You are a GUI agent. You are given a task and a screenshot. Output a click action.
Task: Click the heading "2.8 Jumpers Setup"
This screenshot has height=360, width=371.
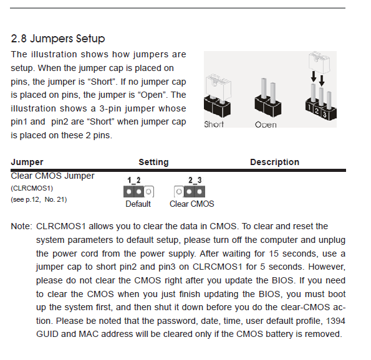click(x=58, y=39)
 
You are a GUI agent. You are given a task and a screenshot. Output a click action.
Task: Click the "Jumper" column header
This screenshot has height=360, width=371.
click(x=27, y=162)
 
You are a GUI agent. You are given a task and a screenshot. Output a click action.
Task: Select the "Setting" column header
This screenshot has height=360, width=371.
click(x=153, y=162)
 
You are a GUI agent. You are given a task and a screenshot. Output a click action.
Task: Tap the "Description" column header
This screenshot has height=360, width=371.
click(x=275, y=162)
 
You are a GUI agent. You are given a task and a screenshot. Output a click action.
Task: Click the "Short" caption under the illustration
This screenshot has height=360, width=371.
click(x=214, y=125)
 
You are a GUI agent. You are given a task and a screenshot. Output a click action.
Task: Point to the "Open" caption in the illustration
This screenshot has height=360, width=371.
click(x=266, y=125)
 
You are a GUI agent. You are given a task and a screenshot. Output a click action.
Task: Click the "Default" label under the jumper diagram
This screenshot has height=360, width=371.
click(x=138, y=204)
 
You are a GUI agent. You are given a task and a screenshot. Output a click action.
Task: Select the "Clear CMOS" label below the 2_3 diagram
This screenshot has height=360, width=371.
click(x=192, y=204)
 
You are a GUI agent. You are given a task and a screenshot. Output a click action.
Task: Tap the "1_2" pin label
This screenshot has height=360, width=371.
click(x=134, y=181)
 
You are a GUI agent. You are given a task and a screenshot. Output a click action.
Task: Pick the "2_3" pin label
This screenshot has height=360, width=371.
click(x=195, y=181)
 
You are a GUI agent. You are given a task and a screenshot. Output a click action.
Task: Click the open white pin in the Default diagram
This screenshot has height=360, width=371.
click(x=148, y=191)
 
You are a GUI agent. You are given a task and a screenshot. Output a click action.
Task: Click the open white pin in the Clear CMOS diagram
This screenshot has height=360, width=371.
click(x=179, y=191)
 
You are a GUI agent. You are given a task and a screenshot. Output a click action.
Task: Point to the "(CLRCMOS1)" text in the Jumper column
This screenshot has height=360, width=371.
click(x=32, y=188)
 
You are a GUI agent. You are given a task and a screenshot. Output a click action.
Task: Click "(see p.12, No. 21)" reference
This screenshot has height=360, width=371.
click(x=39, y=199)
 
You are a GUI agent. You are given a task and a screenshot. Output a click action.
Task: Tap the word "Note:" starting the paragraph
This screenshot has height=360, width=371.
click(x=21, y=226)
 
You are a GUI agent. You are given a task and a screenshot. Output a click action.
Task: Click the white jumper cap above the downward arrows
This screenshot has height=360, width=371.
click(x=319, y=62)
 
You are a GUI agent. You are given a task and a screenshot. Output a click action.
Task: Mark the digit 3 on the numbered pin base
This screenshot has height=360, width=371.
click(x=325, y=115)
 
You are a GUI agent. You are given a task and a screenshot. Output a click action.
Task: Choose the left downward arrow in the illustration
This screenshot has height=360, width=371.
click(x=314, y=77)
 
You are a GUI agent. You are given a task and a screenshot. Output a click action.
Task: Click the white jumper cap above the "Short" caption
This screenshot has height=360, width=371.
click(x=218, y=87)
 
